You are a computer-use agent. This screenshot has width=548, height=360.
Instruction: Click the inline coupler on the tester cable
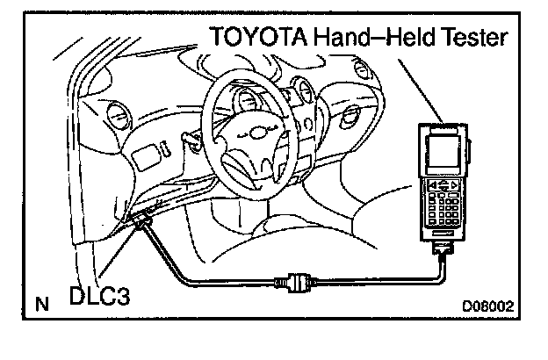coord(293,283)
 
